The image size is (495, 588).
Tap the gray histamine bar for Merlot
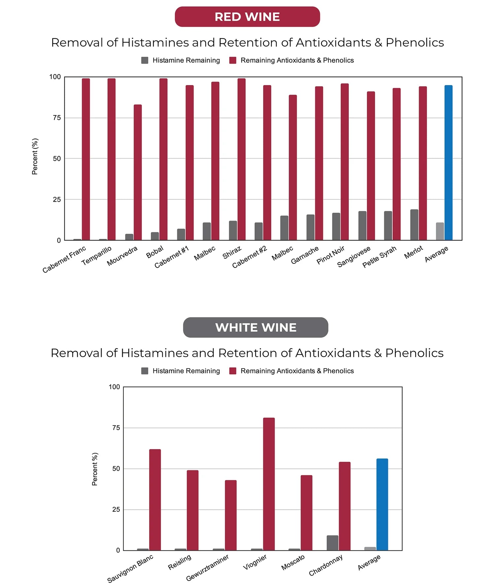point(414,225)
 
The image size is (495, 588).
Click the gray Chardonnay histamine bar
point(332,543)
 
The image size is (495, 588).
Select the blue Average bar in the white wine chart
point(382,504)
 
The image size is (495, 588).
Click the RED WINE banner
point(247,17)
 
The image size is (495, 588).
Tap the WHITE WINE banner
point(255,327)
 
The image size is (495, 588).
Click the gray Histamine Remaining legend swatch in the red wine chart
point(145,60)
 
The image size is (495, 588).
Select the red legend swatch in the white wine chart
point(233,371)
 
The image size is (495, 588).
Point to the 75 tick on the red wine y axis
point(57,118)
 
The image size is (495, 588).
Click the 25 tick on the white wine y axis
point(116,510)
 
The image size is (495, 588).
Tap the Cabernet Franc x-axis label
point(64,259)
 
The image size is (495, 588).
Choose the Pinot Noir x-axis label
point(330,255)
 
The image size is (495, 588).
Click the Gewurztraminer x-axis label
point(207,568)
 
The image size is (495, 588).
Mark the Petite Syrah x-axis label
point(379,257)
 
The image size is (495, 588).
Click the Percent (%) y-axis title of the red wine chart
point(35,156)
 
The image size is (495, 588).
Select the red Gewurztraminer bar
point(231,515)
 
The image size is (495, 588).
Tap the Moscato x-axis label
point(293,563)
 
